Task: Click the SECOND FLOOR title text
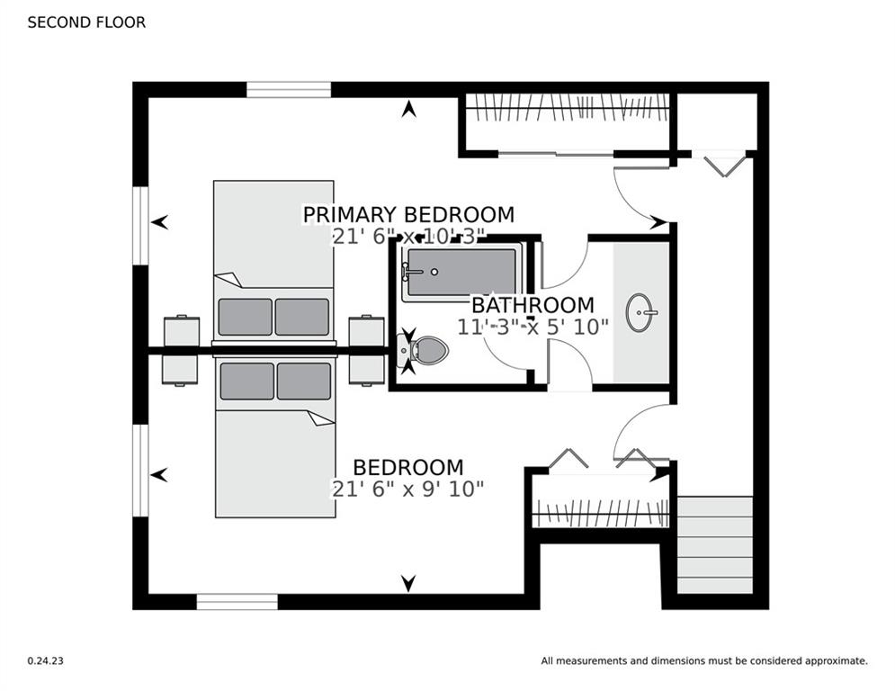click(x=86, y=22)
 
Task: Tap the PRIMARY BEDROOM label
click(x=408, y=215)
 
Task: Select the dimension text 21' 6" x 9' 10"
click(x=407, y=489)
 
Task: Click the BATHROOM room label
click(x=533, y=304)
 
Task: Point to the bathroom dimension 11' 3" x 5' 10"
click(x=533, y=327)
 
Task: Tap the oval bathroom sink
click(x=641, y=312)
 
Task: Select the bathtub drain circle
click(x=434, y=273)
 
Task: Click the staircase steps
click(x=715, y=545)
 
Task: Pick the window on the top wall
click(x=289, y=90)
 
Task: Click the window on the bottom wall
click(x=237, y=602)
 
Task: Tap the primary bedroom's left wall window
click(x=140, y=225)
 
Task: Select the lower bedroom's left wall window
click(x=140, y=471)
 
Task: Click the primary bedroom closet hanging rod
click(x=568, y=108)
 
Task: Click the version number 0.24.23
click(x=46, y=660)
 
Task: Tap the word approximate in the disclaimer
click(x=837, y=661)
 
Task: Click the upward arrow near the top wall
click(x=408, y=109)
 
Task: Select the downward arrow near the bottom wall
click(x=408, y=583)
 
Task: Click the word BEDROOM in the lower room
click(x=408, y=467)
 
